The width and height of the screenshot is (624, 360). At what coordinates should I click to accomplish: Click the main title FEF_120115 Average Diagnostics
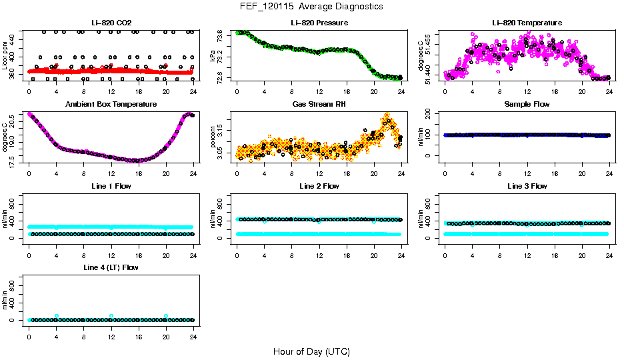coord(312,6)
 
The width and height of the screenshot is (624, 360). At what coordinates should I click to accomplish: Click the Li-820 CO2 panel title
coord(111,23)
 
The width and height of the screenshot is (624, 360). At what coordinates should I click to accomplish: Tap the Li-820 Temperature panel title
coord(526,23)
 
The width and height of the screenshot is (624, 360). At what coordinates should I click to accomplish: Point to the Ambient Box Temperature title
coord(111,105)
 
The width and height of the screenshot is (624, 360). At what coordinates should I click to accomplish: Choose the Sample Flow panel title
coord(526,105)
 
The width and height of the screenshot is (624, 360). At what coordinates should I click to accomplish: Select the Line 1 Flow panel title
coord(111,187)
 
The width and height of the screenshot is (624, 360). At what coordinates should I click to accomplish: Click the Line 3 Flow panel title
coord(526,187)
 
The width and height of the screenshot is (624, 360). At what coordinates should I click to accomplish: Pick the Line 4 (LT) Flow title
coord(111,268)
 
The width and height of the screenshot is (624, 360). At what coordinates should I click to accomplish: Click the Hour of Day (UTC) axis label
coord(311,351)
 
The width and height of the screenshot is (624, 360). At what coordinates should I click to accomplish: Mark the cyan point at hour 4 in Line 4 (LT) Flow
coord(57,316)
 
